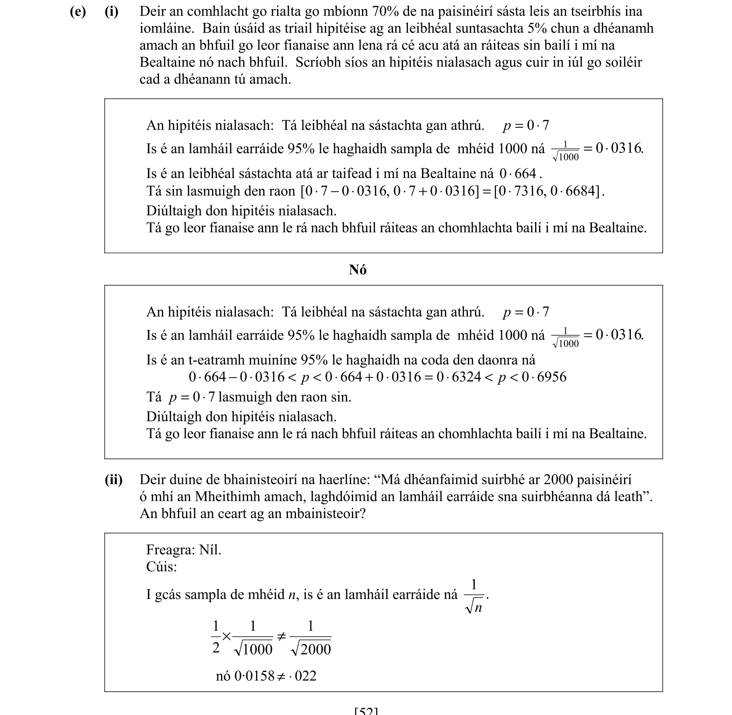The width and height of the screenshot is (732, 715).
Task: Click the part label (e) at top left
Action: pos(77,12)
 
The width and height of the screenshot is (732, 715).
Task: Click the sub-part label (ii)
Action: pos(114,480)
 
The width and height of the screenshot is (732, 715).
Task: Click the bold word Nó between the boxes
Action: pos(358,269)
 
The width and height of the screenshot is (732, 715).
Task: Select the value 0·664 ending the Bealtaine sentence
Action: pos(518,174)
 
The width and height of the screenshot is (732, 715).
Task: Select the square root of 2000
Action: pos(311,649)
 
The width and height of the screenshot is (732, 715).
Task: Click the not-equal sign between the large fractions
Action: pos(281,637)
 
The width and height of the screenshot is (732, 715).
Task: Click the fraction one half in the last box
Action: pos(216,637)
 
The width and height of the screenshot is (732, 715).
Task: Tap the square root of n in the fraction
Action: pos(474,607)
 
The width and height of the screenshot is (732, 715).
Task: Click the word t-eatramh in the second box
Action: pos(212,360)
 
